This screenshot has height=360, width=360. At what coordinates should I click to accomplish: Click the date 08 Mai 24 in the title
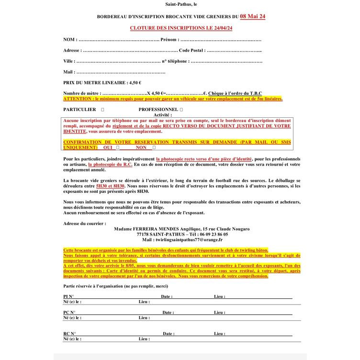click(x=252, y=16)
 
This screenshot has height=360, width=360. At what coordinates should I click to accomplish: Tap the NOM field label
click(x=69, y=39)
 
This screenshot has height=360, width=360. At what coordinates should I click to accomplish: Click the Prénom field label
click(x=170, y=39)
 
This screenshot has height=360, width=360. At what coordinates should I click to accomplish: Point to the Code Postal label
click(x=192, y=50)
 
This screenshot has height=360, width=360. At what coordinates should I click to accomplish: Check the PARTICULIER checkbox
click(x=103, y=110)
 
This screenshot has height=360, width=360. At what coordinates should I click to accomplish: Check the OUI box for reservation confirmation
click(x=118, y=148)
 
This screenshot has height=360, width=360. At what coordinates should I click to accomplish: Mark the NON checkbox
click(x=154, y=148)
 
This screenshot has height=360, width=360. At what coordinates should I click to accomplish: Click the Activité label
click(x=162, y=115)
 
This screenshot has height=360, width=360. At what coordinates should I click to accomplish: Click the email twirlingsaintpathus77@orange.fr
click(x=186, y=240)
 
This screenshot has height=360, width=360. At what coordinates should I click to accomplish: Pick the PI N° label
click(x=68, y=297)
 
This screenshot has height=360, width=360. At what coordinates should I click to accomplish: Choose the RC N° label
click(x=69, y=334)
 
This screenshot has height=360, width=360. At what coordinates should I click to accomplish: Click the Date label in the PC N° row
click(x=168, y=313)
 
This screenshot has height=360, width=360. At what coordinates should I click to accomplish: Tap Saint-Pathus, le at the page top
click(x=180, y=4)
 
